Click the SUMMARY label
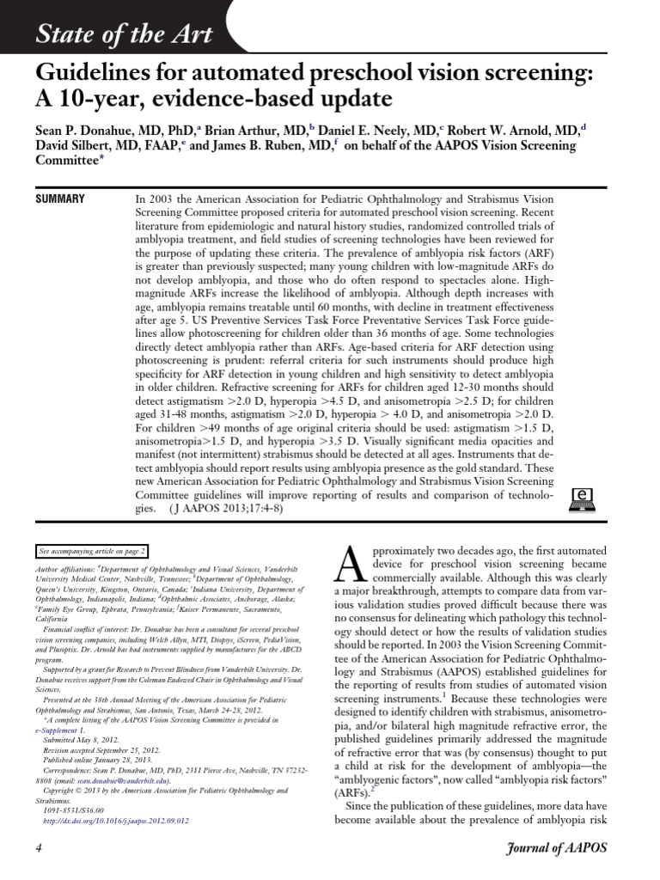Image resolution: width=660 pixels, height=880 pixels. coord(59,199)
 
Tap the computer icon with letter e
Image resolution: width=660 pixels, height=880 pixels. coord(584,501)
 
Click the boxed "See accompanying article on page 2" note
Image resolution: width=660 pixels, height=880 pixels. coord(93,551)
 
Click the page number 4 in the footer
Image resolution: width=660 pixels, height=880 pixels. coord(39,847)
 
